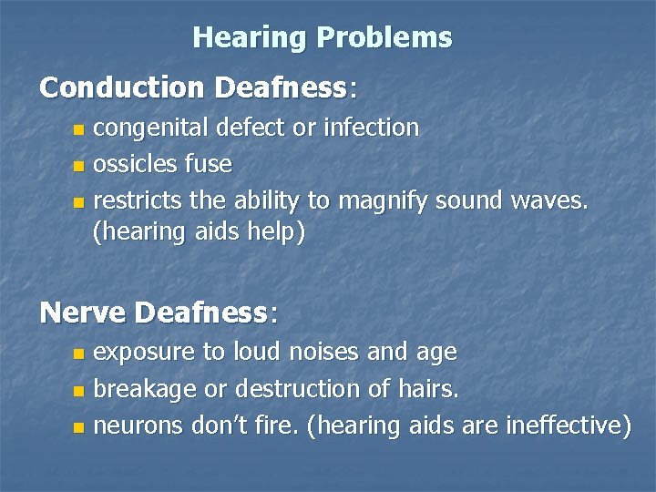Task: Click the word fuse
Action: click(209, 165)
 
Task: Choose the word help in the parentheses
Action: click(279, 232)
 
